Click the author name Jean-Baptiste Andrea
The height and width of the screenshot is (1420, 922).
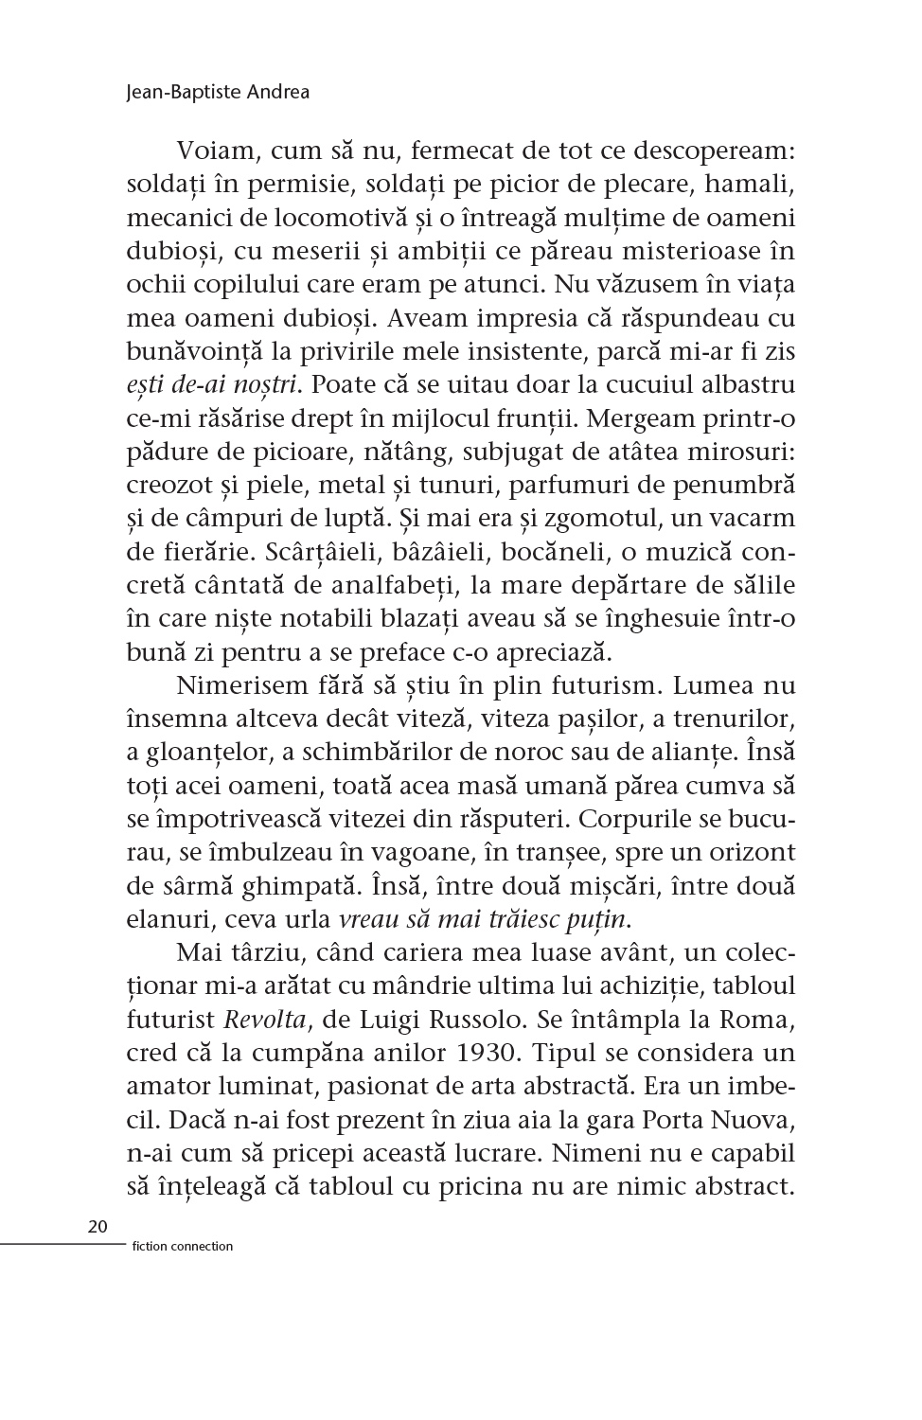[217, 93]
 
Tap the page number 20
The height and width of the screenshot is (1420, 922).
[97, 1227]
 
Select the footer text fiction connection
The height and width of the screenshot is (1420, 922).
[178, 1246]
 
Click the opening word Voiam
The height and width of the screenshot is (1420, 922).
[216, 151]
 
